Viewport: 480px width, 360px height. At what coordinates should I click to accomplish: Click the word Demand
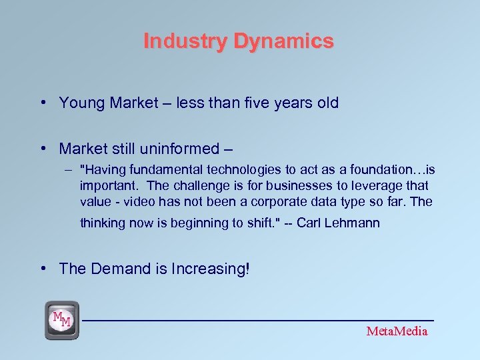coord(116,269)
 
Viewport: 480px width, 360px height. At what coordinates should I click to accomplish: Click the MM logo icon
coord(62,319)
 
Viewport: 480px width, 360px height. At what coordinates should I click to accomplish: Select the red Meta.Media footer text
coord(397,331)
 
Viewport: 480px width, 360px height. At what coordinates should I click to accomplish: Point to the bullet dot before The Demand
coord(43,269)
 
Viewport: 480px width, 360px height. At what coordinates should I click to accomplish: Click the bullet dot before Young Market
coord(43,103)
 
